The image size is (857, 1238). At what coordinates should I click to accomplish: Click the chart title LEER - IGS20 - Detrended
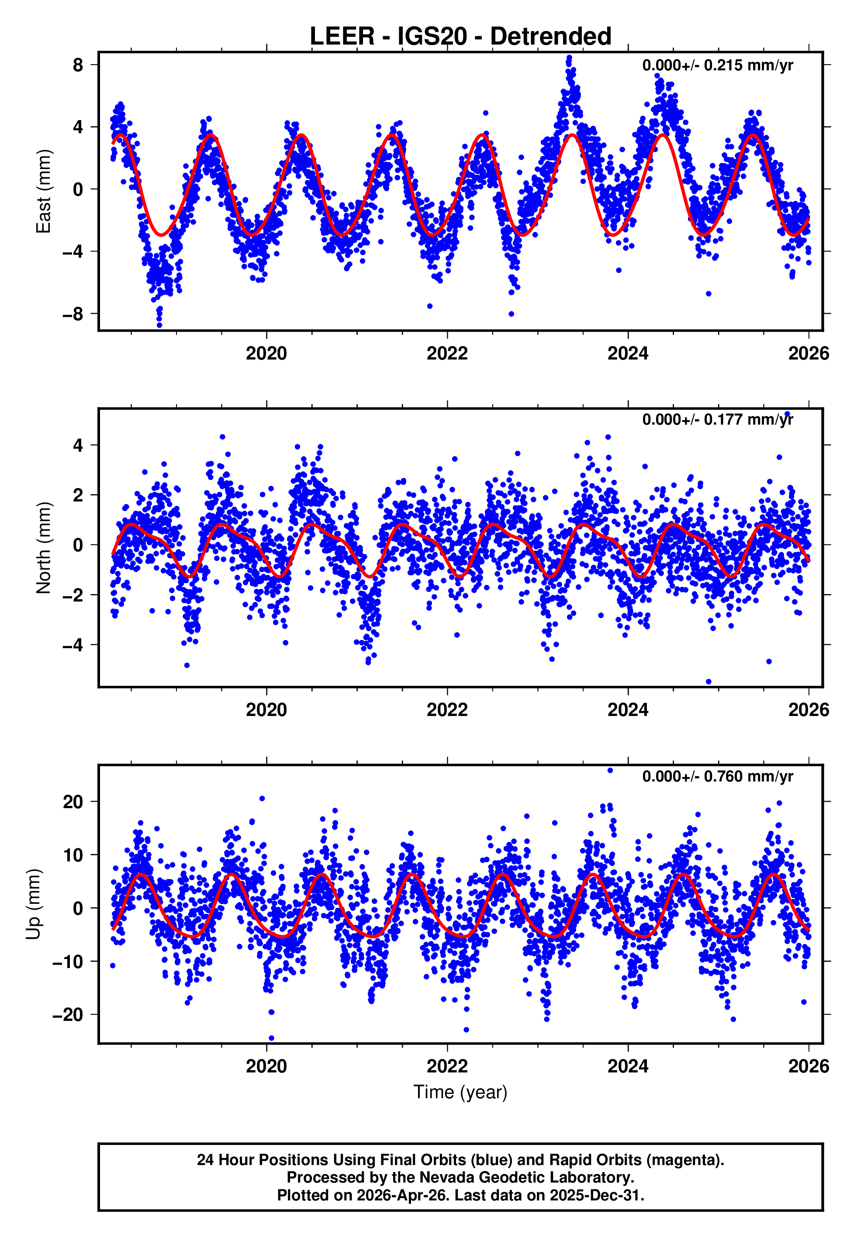coord(460,37)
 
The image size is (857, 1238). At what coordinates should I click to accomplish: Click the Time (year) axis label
coord(460,1092)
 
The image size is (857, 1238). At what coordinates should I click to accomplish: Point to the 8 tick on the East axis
coord(78,65)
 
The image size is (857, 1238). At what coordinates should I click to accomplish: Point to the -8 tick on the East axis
coord(73,314)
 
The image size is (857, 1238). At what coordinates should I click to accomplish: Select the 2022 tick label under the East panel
coord(447,353)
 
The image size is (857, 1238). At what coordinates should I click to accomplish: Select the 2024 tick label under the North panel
coord(628,710)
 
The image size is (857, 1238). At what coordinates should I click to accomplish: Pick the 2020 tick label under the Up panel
coord(266,1066)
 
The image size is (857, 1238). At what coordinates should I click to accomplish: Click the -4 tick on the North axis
coord(73,645)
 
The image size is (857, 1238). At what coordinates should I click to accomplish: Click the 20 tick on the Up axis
coord(73,802)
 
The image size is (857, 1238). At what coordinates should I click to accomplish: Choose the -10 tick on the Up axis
coord(68,961)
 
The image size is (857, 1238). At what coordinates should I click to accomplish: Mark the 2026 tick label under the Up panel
coord(809,1066)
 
